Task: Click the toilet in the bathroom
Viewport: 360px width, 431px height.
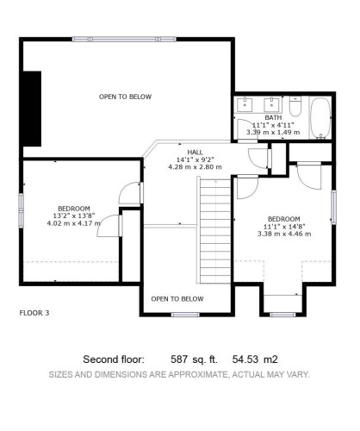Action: pos(295,109)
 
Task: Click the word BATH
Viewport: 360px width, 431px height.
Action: pos(273,117)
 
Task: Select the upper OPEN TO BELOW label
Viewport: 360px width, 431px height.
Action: pos(125,97)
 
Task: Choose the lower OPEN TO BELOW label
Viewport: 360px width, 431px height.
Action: pos(178,298)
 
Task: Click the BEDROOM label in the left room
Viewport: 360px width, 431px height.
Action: pos(74,209)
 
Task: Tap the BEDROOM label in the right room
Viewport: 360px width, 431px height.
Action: pos(283,218)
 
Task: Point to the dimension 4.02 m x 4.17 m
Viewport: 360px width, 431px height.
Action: pos(74,223)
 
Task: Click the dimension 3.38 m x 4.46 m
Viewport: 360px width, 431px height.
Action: pos(283,233)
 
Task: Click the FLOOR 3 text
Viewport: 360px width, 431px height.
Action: pos(34,313)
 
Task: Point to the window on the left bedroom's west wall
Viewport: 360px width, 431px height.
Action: pos(21,210)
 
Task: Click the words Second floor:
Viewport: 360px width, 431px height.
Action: pos(113,359)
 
